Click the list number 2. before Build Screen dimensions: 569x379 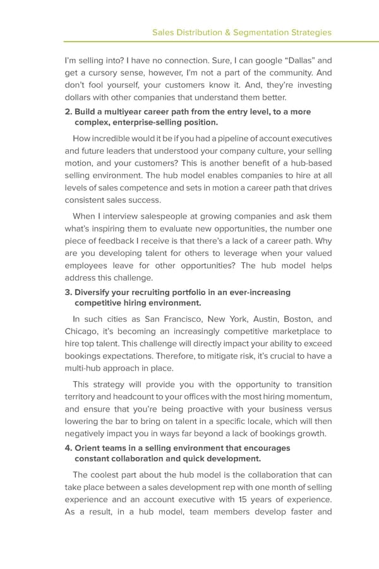coord(69,111)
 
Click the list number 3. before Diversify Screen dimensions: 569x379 coord(69,292)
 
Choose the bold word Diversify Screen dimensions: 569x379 coord(95,292)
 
